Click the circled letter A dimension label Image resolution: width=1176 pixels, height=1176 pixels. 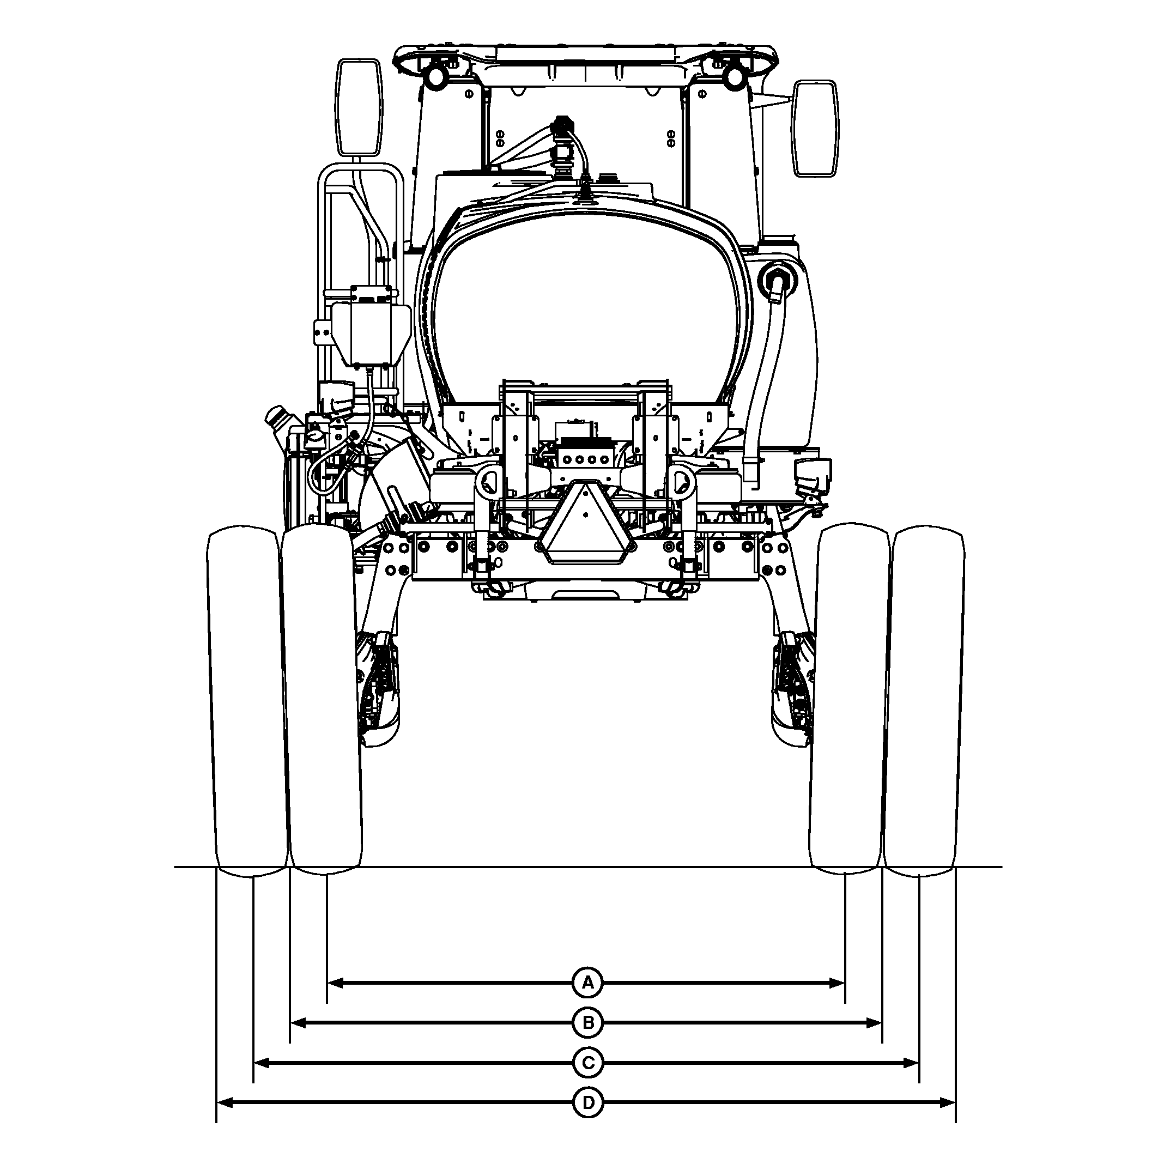587,983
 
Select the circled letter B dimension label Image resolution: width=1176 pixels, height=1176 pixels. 587,1023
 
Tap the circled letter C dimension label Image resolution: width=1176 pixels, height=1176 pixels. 587,1063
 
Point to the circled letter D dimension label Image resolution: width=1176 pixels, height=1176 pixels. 587,1103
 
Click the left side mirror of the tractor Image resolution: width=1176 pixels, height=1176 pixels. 360,107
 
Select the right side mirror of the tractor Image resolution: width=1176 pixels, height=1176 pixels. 815,129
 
